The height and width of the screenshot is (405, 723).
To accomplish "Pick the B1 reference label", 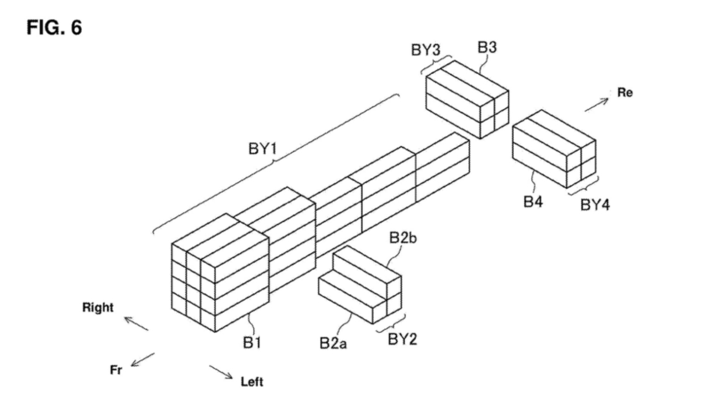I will pos(251,344).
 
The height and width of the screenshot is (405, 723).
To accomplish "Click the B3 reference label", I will pos(487,48).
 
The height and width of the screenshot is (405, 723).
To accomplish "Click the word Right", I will pos(98,308).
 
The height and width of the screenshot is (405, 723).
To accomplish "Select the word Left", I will pos(252,382).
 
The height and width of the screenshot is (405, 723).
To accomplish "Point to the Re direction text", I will pos(624,93).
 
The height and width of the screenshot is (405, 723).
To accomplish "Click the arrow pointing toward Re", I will pos(596,104).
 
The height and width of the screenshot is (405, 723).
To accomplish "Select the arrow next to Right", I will pos(136,323).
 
